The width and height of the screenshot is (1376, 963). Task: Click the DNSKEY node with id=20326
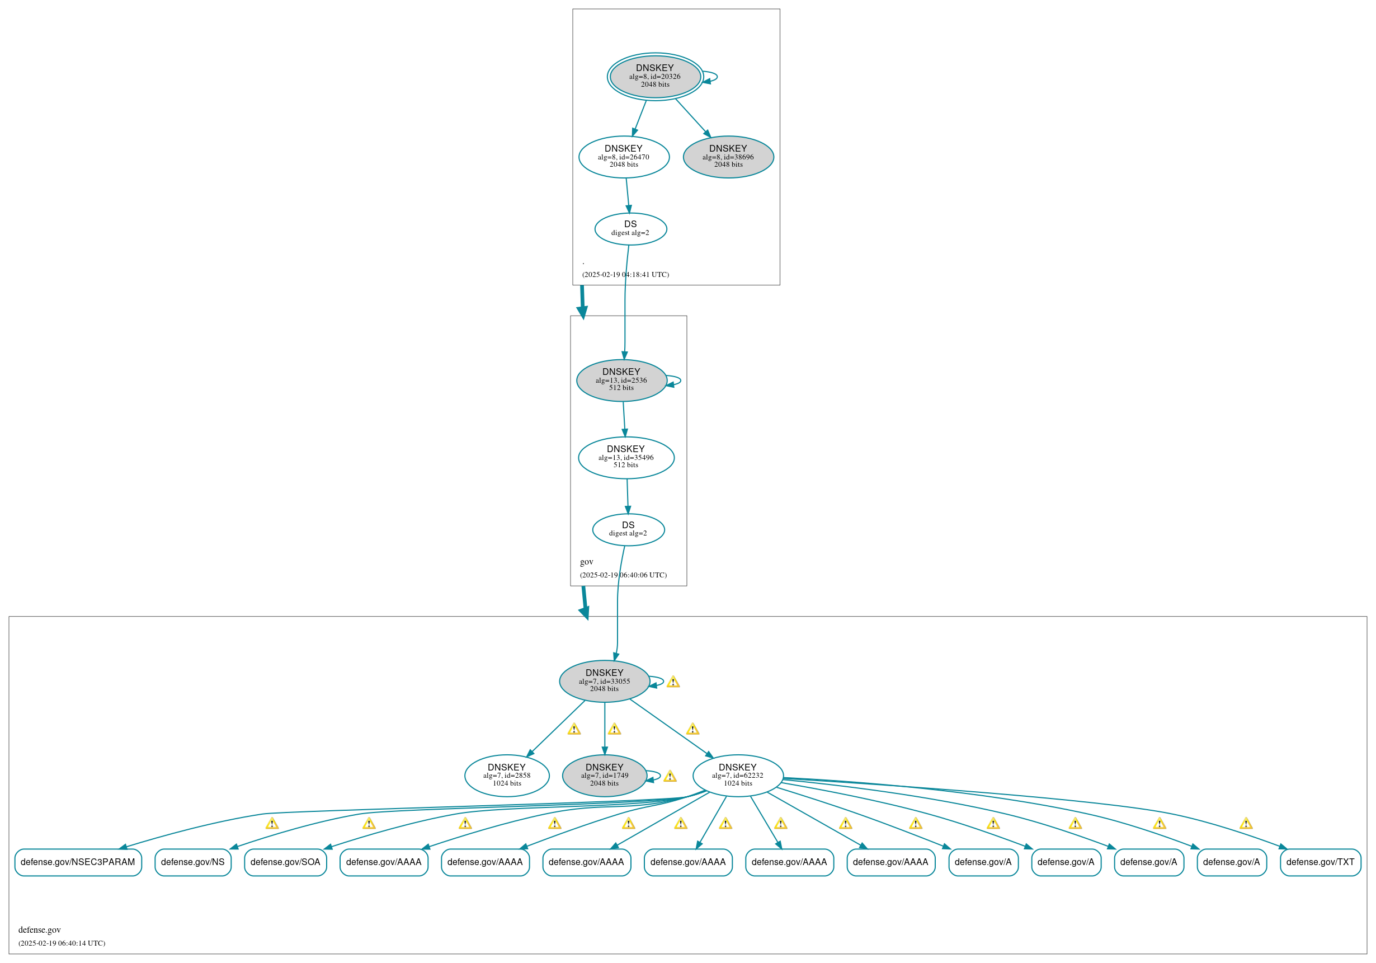tap(654, 77)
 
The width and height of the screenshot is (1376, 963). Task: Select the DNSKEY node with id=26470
tap(623, 157)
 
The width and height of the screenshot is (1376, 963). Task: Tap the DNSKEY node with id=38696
tap(728, 157)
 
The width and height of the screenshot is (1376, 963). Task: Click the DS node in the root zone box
tap(630, 228)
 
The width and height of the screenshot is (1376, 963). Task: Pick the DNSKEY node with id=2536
tap(621, 380)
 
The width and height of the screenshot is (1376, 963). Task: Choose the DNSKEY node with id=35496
tap(626, 458)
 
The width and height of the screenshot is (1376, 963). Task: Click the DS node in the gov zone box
tap(628, 529)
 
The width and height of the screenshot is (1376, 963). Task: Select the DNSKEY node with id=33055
tap(604, 681)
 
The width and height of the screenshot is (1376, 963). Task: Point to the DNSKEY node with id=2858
tap(506, 776)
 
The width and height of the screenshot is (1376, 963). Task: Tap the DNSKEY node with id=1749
tap(604, 776)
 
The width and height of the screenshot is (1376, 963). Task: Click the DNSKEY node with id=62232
tap(738, 776)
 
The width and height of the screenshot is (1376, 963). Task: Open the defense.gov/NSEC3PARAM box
tap(78, 862)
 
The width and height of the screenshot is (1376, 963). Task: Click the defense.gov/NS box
tap(193, 862)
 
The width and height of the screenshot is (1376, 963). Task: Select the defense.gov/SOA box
tap(285, 862)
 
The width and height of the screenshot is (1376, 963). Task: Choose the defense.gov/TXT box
tap(1320, 862)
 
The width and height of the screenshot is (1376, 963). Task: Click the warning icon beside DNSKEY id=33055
tap(673, 682)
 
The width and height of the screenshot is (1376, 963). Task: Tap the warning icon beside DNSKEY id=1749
tap(670, 777)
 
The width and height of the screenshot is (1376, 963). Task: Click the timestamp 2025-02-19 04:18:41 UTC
tap(626, 275)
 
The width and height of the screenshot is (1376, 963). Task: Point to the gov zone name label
tap(587, 562)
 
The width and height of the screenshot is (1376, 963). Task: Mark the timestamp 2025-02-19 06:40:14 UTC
tap(62, 943)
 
